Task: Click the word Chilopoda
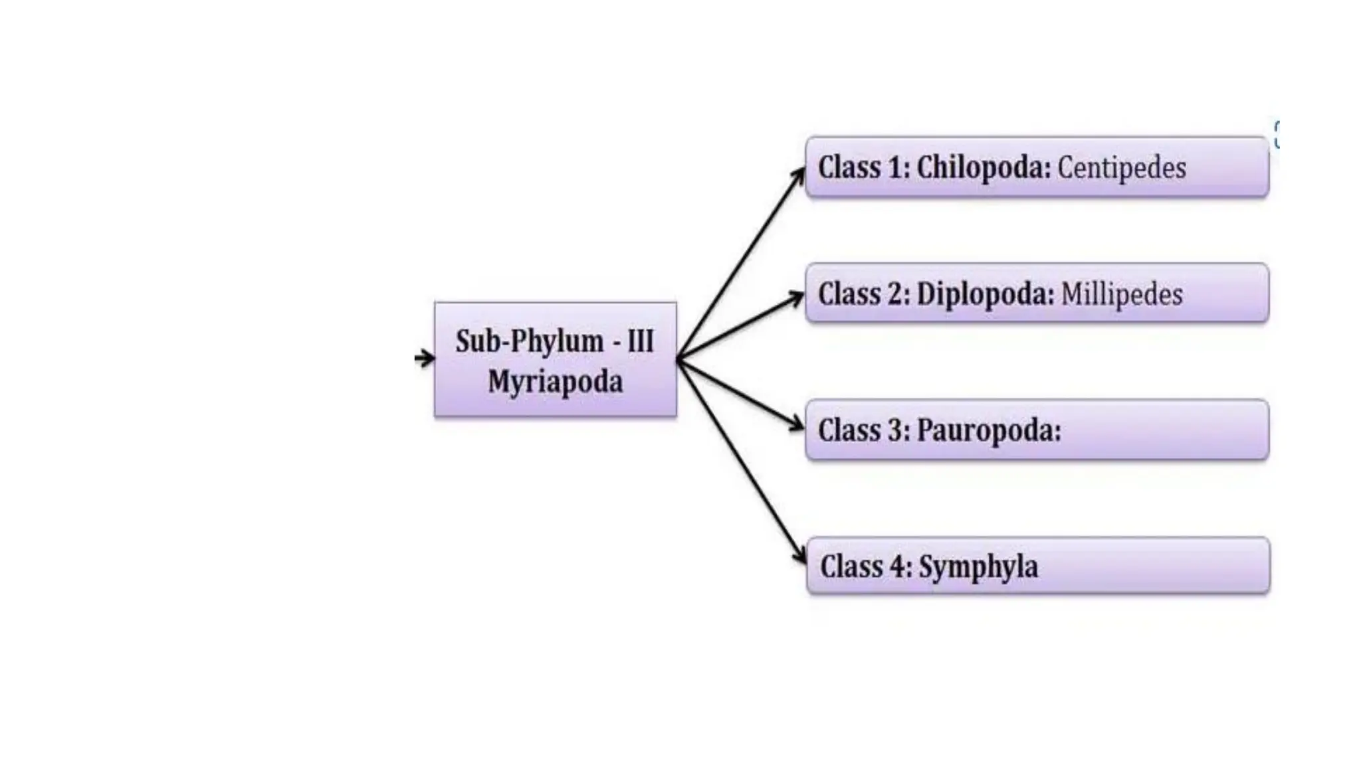(x=983, y=168)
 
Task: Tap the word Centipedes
(x=1121, y=168)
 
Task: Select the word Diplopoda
(x=985, y=295)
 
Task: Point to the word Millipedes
(x=1122, y=295)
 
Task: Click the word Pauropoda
(x=989, y=431)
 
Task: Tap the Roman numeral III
(x=641, y=341)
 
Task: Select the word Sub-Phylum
(x=530, y=341)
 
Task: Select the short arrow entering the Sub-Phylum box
(x=425, y=359)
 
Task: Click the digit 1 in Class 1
(x=896, y=168)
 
